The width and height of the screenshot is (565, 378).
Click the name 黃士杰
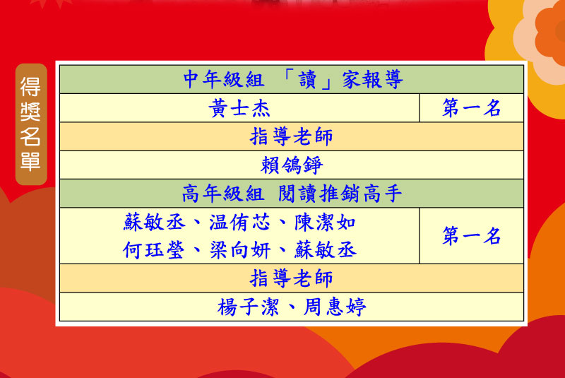coord(239,108)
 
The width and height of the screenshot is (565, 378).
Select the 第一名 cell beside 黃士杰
coord(471,107)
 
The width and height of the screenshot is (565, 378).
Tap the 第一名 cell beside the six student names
coord(471,236)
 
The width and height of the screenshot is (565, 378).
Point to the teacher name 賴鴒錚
coord(292,165)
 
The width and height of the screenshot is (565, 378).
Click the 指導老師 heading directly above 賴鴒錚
coord(291,136)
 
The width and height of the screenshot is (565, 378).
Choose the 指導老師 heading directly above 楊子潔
coord(291,278)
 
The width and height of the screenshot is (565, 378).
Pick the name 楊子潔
coord(249,307)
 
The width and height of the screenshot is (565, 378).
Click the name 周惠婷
coord(335,307)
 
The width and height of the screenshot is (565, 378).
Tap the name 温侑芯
coord(239,223)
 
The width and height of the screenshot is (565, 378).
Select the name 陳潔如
coord(326,223)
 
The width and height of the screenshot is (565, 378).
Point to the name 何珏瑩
coord(153,250)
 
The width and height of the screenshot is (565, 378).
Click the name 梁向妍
coord(240,250)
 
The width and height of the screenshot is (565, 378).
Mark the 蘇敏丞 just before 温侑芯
coord(154,223)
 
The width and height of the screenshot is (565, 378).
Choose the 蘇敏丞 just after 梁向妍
coord(326,250)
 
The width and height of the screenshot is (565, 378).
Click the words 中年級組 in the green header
coord(224,80)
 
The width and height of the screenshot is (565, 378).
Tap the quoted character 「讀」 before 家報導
coord(307,80)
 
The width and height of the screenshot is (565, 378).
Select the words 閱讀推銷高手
coord(340,194)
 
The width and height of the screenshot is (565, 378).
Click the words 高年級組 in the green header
coord(223,194)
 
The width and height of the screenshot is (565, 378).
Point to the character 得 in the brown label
coord(30,86)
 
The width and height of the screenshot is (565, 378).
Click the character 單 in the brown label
coord(30,160)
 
